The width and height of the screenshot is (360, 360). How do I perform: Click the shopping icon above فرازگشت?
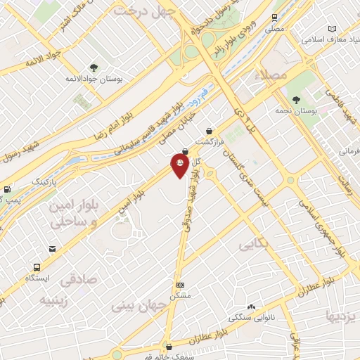click(x=210, y=130)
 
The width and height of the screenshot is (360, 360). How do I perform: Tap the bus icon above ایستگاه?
click(x=37, y=267)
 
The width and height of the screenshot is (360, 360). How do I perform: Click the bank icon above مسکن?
click(x=181, y=285)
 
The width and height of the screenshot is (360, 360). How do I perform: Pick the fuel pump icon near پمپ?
click(x=6, y=189)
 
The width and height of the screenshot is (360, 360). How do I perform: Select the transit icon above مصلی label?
click(x=274, y=18)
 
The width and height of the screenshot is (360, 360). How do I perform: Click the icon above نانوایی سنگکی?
click(x=252, y=307)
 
